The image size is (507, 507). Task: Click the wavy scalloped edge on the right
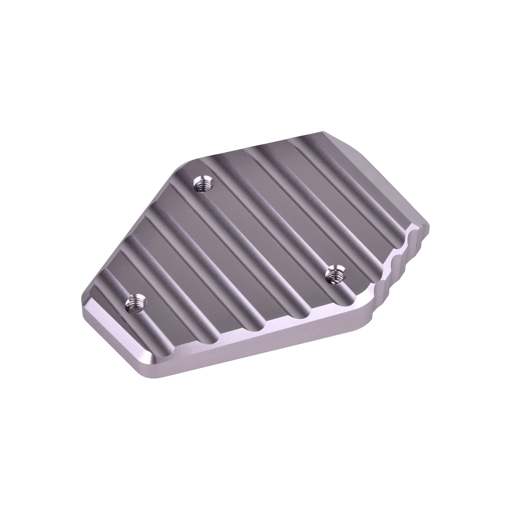(x=406, y=260)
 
